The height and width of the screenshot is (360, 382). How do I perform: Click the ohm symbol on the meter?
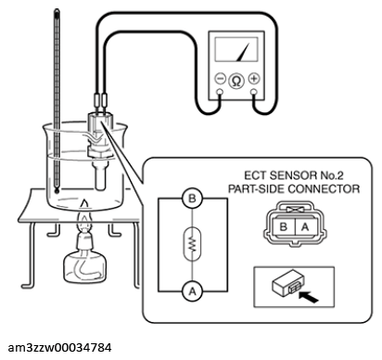[x=236, y=81]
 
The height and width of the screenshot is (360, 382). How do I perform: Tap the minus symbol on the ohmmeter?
[x=220, y=79]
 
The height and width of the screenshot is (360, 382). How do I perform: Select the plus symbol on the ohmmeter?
[x=254, y=79]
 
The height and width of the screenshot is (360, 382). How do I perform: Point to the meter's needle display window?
[x=236, y=49]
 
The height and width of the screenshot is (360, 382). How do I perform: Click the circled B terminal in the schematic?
[x=192, y=199]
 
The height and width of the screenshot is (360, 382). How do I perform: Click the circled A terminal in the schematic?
[x=192, y=291]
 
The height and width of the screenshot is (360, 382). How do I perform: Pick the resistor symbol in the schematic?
[x=192, y=244]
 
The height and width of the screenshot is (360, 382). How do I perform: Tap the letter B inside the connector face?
[x=283, y=227]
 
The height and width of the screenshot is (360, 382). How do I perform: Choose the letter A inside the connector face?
[x=305, y=227]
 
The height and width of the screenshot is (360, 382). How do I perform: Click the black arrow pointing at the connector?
[x=309, y=297]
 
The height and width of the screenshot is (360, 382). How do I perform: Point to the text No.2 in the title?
[x=332, y=175]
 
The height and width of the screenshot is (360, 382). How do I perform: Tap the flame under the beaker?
[x=85, y=215]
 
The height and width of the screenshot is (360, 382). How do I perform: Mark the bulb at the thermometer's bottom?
[x=57, y=190]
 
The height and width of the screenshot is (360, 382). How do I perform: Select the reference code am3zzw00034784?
[x=59, y=348]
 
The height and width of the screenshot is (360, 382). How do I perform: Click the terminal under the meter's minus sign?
[x=220, y=92]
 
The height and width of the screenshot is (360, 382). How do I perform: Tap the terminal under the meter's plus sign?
[x=254, y=92]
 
